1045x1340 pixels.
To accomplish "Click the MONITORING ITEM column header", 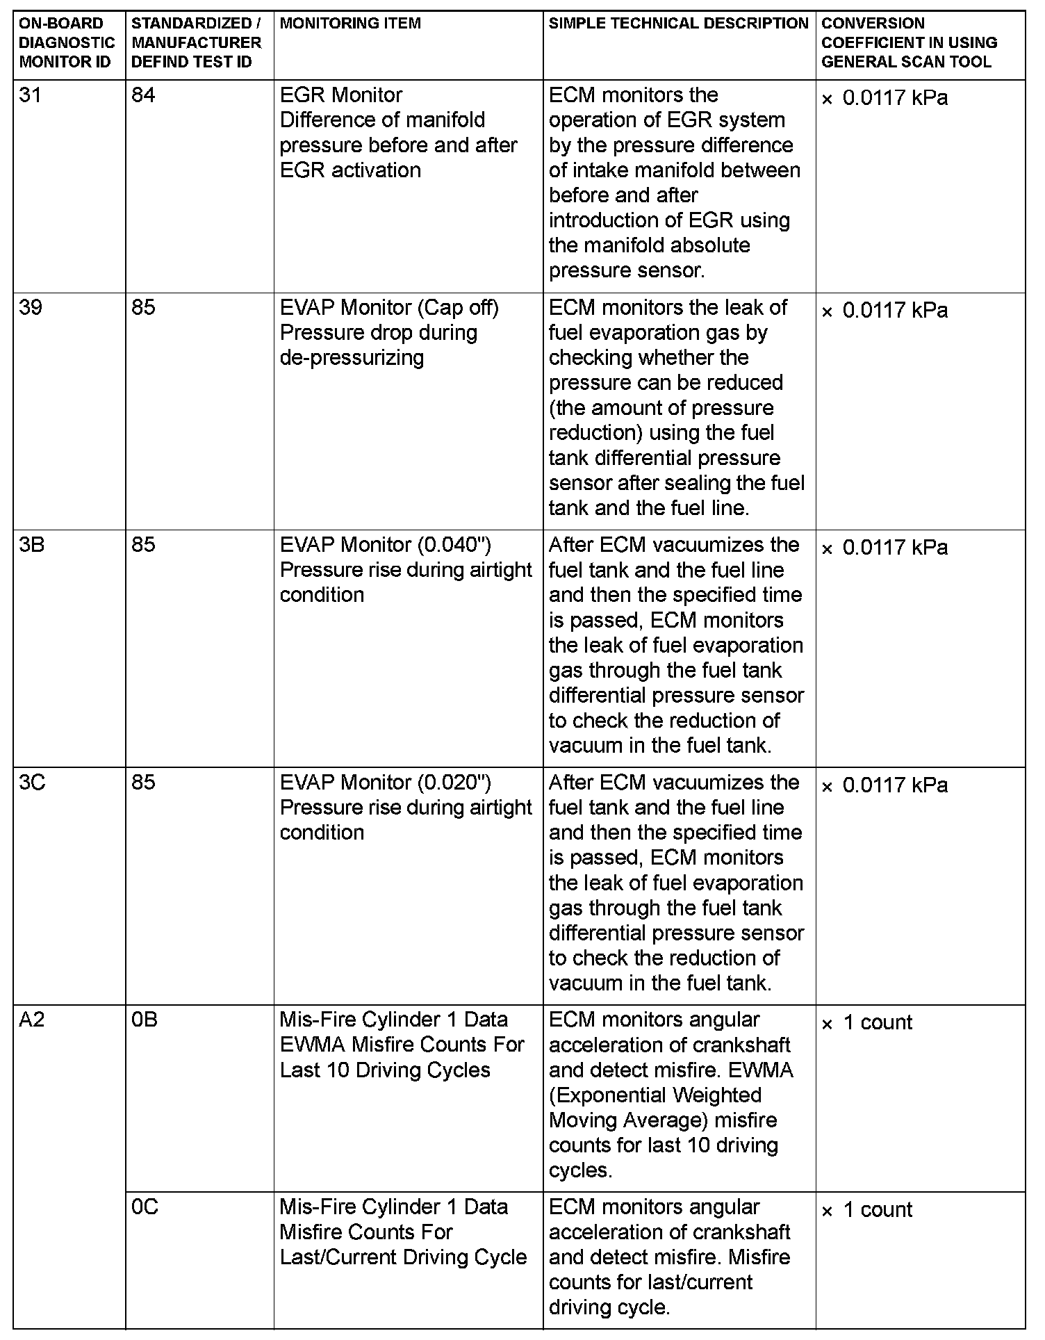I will point(350,24).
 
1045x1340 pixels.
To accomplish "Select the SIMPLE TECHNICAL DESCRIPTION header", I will point(678,24).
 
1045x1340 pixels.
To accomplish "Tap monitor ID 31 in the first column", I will point(31,95).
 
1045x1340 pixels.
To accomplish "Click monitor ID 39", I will point(31,307).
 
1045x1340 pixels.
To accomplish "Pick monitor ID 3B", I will point(32,545).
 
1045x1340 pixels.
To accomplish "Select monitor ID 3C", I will point(32,783).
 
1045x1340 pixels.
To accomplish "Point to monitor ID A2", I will point(32,1020).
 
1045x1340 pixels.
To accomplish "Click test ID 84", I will point(143,95).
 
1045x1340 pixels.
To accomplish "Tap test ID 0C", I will point(145,1207).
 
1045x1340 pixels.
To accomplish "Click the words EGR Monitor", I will point(341,95).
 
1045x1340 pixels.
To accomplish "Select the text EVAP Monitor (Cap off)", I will point(389,307).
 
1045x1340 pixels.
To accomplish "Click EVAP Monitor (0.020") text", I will point(386,783).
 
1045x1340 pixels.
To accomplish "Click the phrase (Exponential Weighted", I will point(655,1095).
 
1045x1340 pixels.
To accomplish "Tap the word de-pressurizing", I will point(352,358).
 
